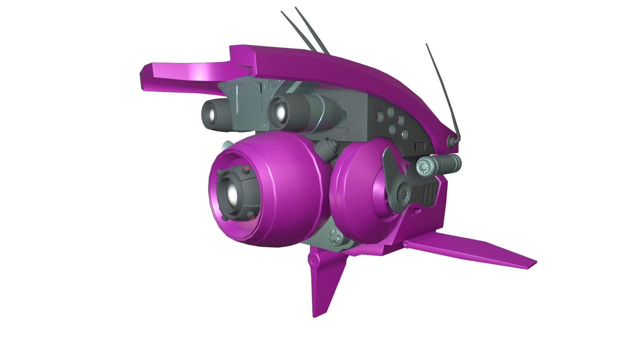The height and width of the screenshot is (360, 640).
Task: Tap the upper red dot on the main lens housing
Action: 246,170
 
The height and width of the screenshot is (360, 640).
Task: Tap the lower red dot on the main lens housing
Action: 252,217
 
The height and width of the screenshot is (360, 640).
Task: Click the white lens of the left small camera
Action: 211,115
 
